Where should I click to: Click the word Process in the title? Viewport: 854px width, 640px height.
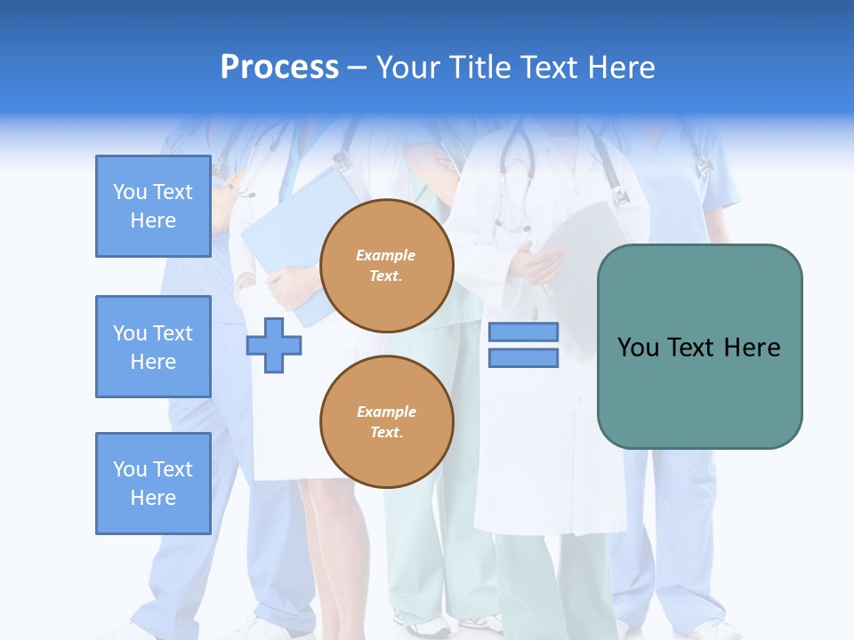(x=279, y=68)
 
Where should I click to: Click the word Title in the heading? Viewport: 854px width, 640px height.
(x=477, y=68)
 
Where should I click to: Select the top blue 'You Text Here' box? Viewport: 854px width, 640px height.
(x=153, y=206)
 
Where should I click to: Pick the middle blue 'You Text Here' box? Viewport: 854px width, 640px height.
(x=153, y=347)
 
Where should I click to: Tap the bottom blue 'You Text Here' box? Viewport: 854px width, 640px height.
(x=153, y=484)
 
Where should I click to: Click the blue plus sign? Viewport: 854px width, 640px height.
(x=274, y=345)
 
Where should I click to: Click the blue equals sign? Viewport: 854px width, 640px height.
(x=523, y=345)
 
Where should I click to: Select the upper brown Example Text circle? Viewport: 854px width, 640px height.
(x=386, y=266)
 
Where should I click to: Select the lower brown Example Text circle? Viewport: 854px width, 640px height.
(x=386, y=422)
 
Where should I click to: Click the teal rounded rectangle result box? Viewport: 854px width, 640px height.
(x=699, y=347)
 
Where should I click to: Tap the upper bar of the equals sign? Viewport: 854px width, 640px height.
(x=523, y=332)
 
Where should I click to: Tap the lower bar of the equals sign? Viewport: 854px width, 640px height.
(x=523, y=357)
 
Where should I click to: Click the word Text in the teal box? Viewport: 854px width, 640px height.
(x=690, y=348)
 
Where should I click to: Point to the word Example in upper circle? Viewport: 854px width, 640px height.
(x=386, y=255)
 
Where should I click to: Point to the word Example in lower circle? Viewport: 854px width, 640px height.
(x=386, y=412)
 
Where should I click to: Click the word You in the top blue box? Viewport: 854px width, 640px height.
(x=129, y=192)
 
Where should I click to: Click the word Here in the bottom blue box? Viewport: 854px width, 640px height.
(x=153, y=498)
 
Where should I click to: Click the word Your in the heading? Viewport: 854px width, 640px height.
(x=407, y=68)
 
